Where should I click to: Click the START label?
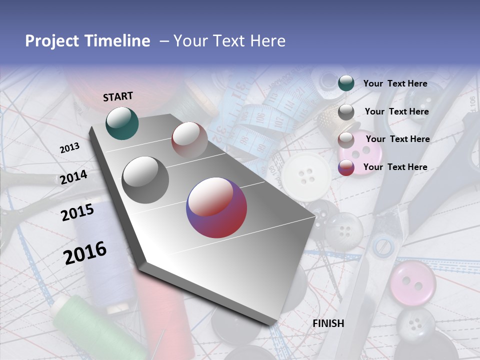click(118, 96)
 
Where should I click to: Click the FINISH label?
click(328, 323)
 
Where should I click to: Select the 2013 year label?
click(69, 148)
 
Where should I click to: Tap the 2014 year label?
click(74, 177)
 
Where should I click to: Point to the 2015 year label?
click(77, 212)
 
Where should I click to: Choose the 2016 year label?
click(85, 252)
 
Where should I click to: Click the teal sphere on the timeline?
click(122, 123)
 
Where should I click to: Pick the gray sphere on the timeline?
click(145, 180)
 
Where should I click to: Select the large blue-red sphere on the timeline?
click(216, 207)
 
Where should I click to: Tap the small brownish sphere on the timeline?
click(189, 140)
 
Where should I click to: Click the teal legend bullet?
click(346, 83)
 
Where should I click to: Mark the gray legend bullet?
click(346, 112)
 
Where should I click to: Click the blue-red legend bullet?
click(346, 167)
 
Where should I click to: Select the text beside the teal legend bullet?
click(395, 84)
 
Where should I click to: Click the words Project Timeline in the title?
click(87, 41)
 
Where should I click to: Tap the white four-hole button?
click(305, 176)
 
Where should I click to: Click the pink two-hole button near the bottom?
click(412, 282)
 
